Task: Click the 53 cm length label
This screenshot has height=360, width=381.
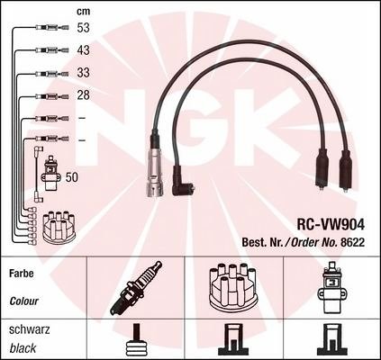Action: click(83, 28)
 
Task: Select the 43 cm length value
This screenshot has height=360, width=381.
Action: click(83, 50)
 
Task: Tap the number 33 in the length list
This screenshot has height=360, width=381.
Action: click(83, 73)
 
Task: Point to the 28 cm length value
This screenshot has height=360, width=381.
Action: click(83, 95)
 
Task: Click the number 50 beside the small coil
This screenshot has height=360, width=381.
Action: click(71, 177)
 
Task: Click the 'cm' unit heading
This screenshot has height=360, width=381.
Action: click(83, 12)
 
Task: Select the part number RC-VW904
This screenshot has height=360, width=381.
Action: click(331, 224)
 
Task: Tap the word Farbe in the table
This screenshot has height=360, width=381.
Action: click(22, 274)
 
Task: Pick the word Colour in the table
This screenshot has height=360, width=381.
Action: click(23, 301)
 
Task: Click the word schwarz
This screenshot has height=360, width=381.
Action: click(30, 330)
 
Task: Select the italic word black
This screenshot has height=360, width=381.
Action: click(23, 348)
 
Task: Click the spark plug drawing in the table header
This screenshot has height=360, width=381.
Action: click(136, 288)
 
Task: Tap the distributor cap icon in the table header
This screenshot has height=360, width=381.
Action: click(233, 288)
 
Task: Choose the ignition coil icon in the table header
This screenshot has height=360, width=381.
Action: click(331, 288)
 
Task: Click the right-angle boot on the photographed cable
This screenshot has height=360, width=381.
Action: click(183, 182)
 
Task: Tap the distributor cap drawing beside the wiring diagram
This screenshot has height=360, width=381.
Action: click(59, 228)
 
